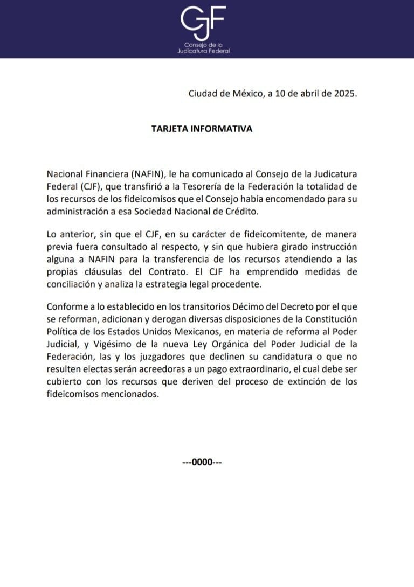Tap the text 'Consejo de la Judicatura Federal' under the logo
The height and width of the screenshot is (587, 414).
coord(204,47)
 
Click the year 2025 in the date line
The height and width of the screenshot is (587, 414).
coord(343,93)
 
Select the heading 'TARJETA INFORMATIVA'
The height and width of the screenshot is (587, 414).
coord(202,129)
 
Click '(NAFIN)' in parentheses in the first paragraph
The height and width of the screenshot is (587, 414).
coord(146,174)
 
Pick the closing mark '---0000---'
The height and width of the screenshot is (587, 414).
coord(203,463)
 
